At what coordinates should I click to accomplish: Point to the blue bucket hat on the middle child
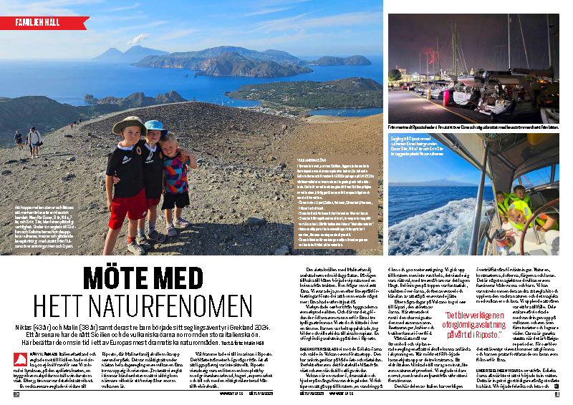pyautogui.click(x=155, y=126)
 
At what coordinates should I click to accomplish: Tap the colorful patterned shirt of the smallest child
pyautogui.click(x=175, y=175)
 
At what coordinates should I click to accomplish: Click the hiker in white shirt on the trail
pyautogui.click(x=34, y=138)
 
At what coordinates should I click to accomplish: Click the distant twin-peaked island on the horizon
pyautogui.click(x=119, y=53)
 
